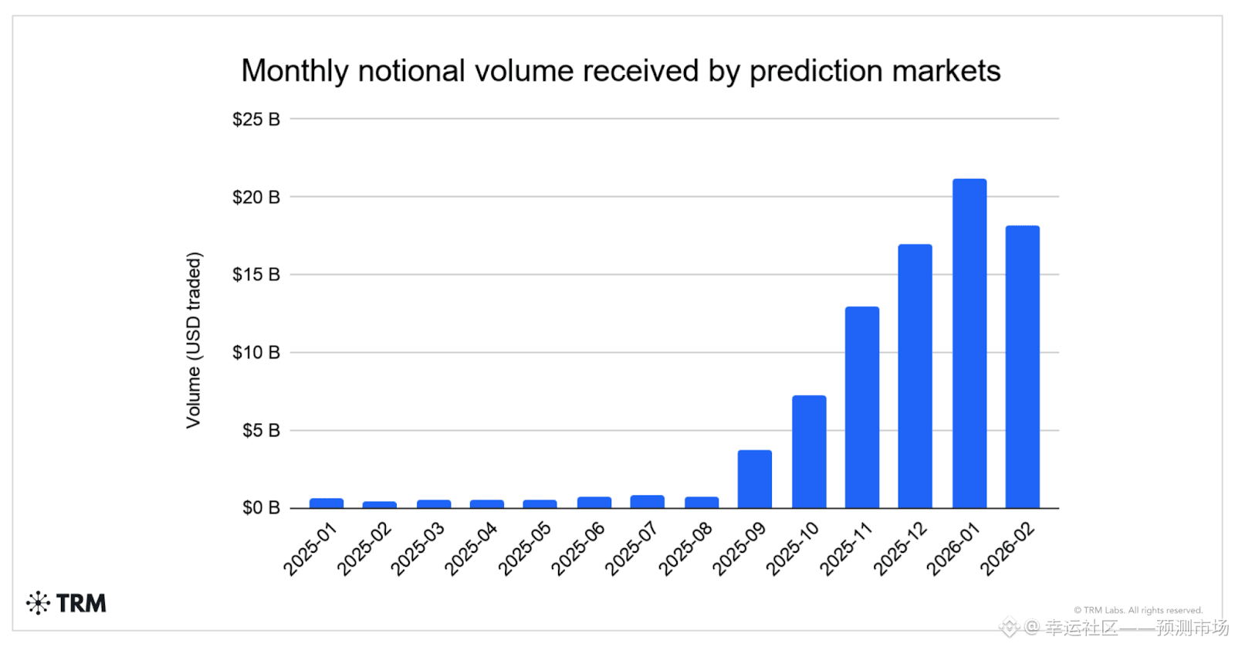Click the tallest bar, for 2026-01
969,343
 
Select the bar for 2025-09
755,479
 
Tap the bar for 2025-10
810,452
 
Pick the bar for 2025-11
862,407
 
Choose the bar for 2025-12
915,376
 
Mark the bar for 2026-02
1023,367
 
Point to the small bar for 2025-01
327,503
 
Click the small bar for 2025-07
648,501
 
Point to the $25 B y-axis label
256,119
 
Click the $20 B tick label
256,197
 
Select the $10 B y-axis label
256,353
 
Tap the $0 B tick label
262,507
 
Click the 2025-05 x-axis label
524,548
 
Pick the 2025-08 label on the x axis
685,548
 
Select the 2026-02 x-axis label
1007,548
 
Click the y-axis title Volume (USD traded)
194,340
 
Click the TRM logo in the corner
66,603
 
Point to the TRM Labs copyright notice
1138,610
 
